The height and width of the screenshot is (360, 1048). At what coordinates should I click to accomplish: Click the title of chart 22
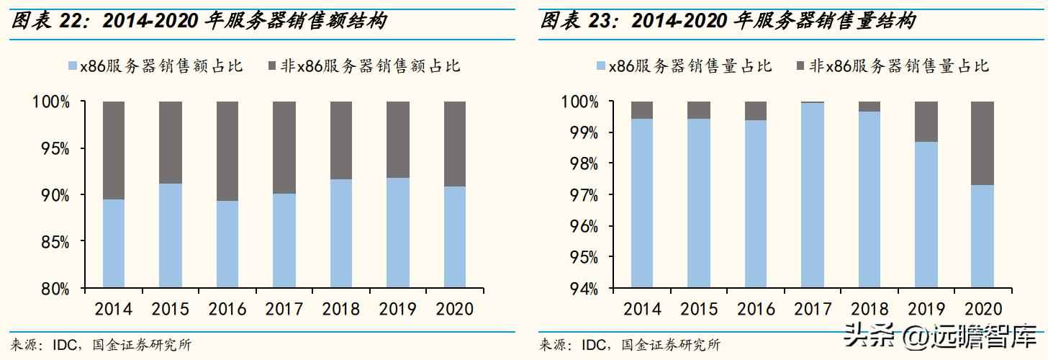tap(198, 22)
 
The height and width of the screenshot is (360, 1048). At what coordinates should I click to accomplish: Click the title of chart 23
tap(728, 22)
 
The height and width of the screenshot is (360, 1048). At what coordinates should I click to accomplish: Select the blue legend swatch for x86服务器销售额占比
tap(72, 66)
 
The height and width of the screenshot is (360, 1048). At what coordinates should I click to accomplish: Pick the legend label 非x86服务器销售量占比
tap(899, 66)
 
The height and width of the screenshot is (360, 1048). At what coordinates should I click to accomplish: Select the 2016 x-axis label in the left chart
tap(227, 310)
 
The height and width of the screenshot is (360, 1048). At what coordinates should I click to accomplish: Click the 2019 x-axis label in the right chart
tap(926, 310)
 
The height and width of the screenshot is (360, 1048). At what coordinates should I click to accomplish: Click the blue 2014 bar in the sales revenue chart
tap(114, 243)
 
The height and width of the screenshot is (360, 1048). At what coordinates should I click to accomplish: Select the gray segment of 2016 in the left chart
tap(227, 150)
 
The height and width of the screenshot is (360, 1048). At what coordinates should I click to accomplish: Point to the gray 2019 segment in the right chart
tap(926, 121)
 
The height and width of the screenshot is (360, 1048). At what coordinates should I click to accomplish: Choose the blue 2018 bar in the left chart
tap(341, 234)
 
